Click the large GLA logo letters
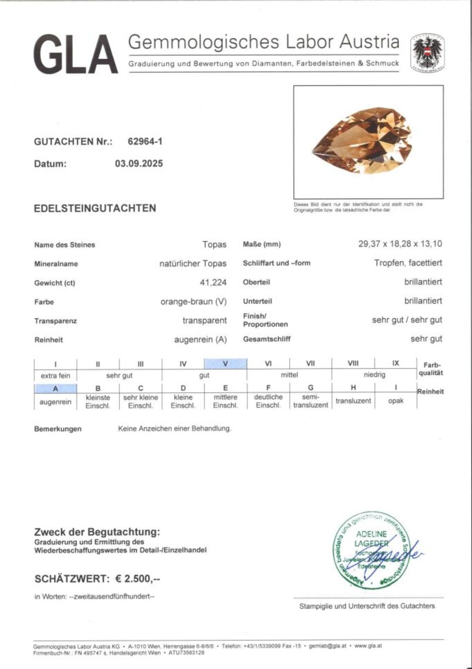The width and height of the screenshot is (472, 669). [75, 54]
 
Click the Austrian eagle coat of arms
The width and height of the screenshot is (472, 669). [427, 53]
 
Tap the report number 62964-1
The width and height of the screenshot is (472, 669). [145, 141]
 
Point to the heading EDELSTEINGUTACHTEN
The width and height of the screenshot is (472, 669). [95, 208]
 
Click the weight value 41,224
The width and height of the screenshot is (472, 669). [213, 283]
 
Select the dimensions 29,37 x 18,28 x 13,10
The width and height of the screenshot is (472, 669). [400, 244]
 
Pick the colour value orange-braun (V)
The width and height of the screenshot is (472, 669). [193, 302]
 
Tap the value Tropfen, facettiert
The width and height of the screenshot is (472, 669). [408, 263]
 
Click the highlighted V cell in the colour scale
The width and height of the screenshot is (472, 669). [225, 363]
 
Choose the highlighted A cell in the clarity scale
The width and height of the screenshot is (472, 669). [55, 388]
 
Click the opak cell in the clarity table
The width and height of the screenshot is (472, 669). [396, 401]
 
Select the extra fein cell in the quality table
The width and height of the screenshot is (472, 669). [55, 375]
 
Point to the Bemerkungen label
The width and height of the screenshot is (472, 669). [58, 429]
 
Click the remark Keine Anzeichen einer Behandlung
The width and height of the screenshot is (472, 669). [174, 429]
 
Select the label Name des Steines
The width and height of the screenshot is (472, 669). [64, 245]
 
